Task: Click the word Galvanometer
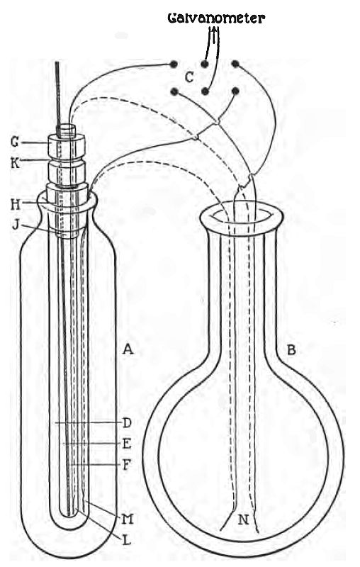coord(216,18)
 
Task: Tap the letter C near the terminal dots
coord(189,77)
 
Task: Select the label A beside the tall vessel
coord(128,349)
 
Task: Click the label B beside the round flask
coord(291,349)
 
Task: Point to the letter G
coord(15,142)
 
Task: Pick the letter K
coord(15,163)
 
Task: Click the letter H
coord(15,205)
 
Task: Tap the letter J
coord(16,225)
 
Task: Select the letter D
coord(127,422)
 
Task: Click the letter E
coord(127,444)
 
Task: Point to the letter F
coord(126,464)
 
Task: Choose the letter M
coord(128,520)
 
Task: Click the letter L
coord(126,540)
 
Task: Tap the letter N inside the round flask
coord(244,520)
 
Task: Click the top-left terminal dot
coord(174,64)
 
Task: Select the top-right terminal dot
coord(235,64)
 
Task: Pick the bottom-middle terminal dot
coord(205,91)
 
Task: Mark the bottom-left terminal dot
coord(175,91)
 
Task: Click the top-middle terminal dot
coord(205,64)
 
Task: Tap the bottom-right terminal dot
coord(236,91)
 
